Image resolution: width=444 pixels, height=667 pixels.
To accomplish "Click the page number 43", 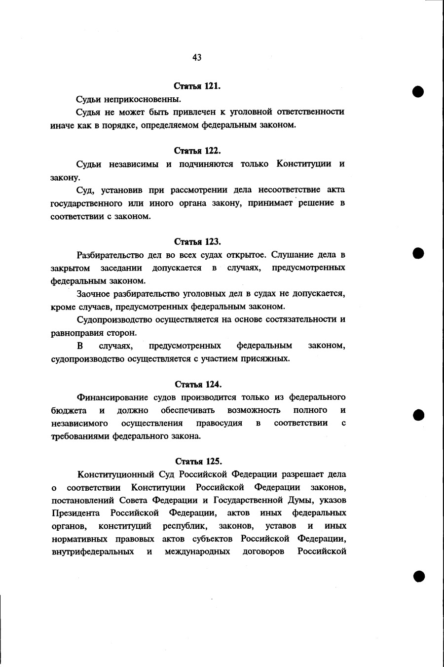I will coord(197,58).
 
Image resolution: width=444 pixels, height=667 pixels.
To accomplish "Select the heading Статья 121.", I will coord(197,86).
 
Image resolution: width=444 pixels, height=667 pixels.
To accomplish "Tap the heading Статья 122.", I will coord(197,151).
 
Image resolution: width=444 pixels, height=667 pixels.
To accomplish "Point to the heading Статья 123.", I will coord(197,242).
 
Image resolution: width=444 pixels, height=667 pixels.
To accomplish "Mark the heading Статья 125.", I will coord(198,462).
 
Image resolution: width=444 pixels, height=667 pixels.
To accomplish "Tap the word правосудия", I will coord(219,423).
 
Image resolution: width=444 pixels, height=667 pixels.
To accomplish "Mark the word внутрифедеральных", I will coord(93,551).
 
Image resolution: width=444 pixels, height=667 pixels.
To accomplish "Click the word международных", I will coord(197,551).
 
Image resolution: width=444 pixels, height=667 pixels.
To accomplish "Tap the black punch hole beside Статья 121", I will coord(419,92).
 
